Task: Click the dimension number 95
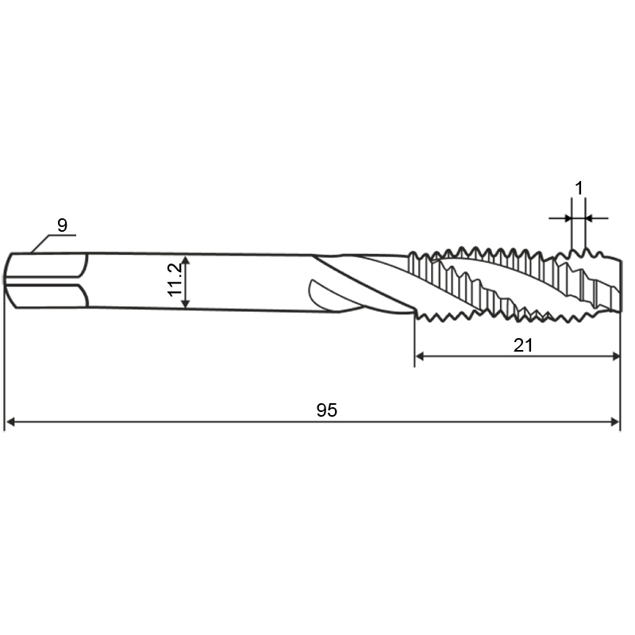point(326,410)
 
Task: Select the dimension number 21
point(523,345)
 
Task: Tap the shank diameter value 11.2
point(175,280)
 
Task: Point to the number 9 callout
point(62,225)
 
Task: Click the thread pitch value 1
point(579,188)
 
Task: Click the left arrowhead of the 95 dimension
point(11,422)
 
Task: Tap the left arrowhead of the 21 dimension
point(420,356)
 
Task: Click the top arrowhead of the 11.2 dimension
point(185,260)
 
